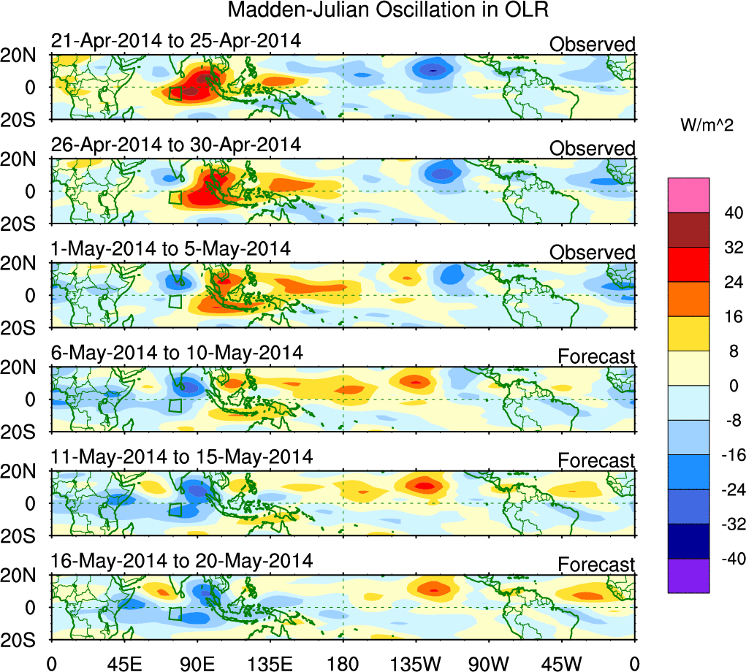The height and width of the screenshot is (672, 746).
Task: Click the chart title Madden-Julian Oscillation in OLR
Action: click(388, 10)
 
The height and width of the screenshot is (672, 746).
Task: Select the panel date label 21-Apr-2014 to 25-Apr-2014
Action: click(175, 41)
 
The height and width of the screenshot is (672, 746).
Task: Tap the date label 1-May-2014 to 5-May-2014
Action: click(170, 249)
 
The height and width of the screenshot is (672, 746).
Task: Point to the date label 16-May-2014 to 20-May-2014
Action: click(181, 562)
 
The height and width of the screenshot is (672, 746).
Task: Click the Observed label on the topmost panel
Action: click(592, 45)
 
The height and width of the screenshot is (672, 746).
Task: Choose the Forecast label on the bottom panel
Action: click(596, 565)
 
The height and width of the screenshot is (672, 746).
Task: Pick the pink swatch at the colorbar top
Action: click(688, 194)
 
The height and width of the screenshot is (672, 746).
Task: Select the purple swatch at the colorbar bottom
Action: click(688, 576)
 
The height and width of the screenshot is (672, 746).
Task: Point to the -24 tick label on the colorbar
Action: click(730, 489)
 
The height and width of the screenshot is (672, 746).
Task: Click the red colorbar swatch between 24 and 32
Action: click(688, 264)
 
